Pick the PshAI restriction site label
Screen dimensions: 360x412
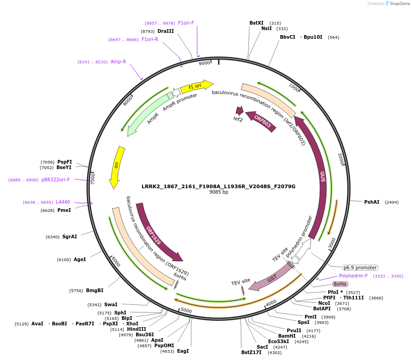click(371, 202)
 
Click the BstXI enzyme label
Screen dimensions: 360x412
click(256, 23)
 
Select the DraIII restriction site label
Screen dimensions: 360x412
click(166, 31)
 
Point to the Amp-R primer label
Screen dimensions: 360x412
click(118, 62)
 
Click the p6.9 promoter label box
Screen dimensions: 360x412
click(360, 267)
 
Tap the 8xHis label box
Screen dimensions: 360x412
click(340, 284)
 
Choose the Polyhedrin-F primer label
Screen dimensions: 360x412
click(353, 276)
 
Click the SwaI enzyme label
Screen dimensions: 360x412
click(111, 304)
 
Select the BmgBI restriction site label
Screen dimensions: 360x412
click(95, 290)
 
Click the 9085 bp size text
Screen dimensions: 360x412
click(219, 192)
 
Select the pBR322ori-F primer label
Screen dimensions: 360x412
click(56, 180)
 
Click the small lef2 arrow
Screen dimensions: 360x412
click(239, 111)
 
